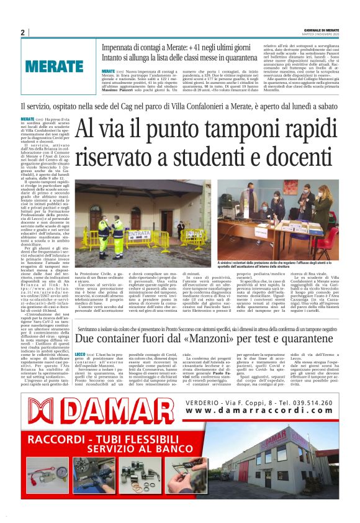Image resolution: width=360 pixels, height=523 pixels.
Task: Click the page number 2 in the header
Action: coord(22,33)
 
